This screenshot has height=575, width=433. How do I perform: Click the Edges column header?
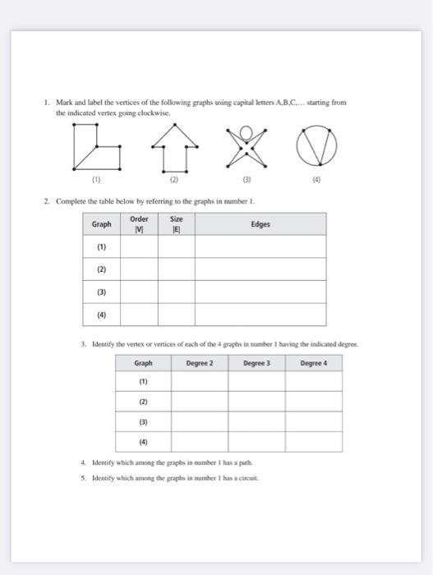pyautogui.click(x=260, y=223)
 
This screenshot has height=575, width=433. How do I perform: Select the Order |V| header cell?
pyautogui.click(x=139, y=223)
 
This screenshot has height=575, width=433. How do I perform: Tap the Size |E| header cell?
pyautogui.click(x=176, y=223)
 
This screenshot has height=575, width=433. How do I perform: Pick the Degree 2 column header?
pyautogui.click(x=200, y=363)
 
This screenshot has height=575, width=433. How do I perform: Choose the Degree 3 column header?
pyautogui.click(x=256, y=363)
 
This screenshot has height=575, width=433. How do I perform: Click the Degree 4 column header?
pyautogui.click(x=313, y=363)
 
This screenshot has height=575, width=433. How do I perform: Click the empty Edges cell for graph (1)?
pyautogui.click(x=260, y=246)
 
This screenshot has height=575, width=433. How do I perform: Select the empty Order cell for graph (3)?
pyautogui.click(x=139, y=292)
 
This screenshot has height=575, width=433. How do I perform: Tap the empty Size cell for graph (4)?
pyautogui.click(x=176, y=315)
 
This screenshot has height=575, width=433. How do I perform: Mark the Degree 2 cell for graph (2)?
pyautogui.click(x=200, y=402)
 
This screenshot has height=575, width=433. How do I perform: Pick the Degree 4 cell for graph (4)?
pyautogui.click(x=313, y=442)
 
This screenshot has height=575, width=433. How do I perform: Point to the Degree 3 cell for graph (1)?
pyautogui.click(x=256, y=382)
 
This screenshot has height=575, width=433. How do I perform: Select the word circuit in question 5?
pyautogui.click(x=247, y=476)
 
